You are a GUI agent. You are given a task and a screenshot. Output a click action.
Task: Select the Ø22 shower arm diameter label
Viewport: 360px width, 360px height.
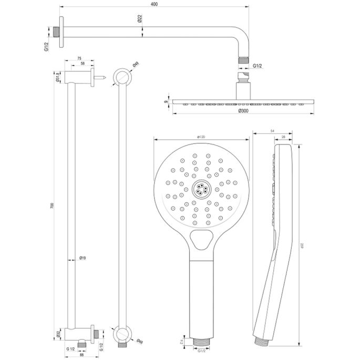tap(140, 19)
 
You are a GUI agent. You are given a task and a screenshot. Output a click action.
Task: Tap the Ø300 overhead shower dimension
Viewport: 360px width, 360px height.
tap(243, 111)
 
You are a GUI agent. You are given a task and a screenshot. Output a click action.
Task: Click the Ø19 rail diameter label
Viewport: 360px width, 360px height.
tap(83, 258)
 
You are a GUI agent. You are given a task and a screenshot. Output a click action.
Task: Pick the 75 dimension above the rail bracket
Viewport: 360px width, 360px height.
tap(79, 59)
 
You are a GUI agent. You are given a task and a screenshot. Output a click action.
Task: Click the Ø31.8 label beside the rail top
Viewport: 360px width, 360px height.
tap(57, 79)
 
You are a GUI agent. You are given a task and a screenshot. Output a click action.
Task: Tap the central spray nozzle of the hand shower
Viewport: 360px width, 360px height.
tap(201, 189)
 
